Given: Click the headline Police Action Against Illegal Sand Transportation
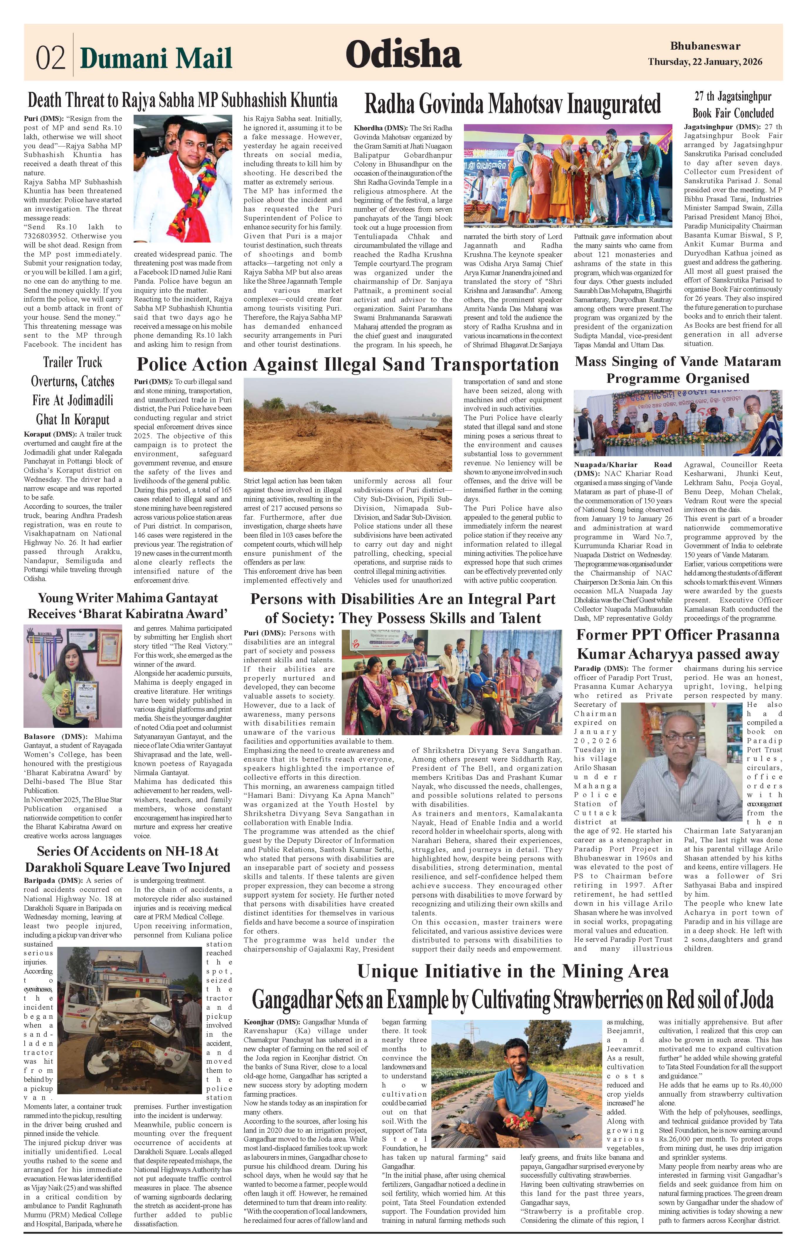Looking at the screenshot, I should pyautogui.click(x=348, y=364).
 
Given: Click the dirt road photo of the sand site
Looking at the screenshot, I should pyautogui.click(x=348, y=425).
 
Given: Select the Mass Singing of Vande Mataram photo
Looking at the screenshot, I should pyautogui.click(x=677, y=423).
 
